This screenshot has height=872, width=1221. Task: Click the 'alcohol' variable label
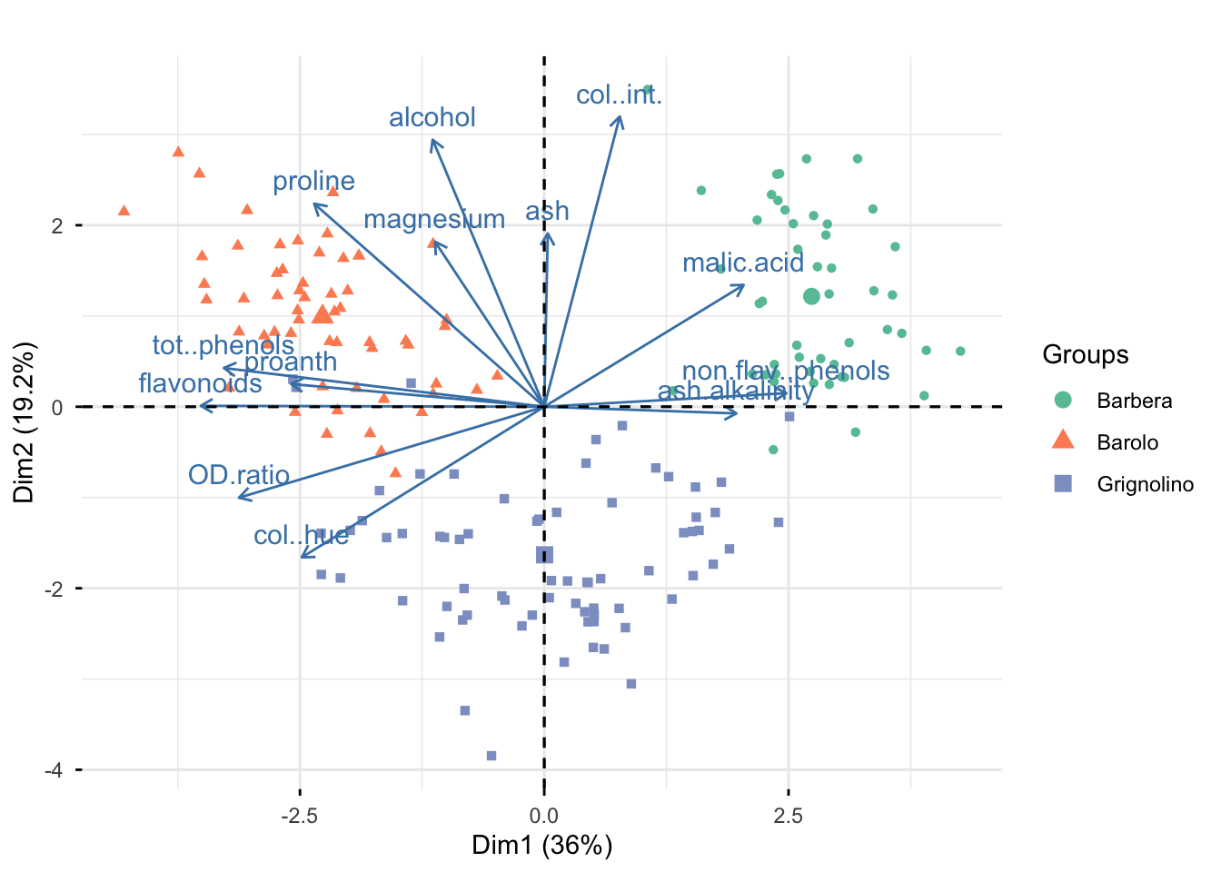432,118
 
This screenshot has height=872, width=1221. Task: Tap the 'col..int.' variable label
619,95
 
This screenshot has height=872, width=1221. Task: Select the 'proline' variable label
313,182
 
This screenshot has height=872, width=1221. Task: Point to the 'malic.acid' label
742,263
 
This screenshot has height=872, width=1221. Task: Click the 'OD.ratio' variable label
238,475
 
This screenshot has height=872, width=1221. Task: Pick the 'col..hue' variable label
301,536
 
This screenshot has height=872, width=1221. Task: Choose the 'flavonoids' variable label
200,383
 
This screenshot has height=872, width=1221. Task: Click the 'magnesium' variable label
433,220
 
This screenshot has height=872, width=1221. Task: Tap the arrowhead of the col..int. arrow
620,116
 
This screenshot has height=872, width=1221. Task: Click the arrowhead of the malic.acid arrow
744,285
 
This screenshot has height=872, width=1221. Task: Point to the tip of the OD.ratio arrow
238,498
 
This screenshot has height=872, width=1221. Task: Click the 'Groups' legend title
1085,354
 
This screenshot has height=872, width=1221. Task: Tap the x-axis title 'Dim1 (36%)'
541,846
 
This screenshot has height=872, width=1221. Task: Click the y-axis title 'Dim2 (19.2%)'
25,421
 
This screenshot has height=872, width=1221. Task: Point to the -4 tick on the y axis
56,770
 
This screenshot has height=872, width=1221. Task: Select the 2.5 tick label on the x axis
788,815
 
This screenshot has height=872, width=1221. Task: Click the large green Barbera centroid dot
811,296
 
